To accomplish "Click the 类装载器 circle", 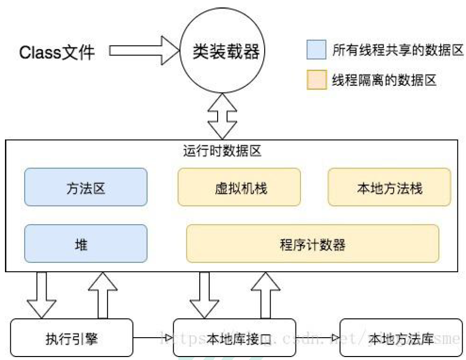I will pyautogui.click(x=226, y=51).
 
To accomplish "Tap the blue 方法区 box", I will pyautogui.click(x=86, y=187).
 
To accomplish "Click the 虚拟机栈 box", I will pyautogui.click(x=239, y=187).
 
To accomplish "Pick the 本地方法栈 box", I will pyautogui.click(x=389, y=187).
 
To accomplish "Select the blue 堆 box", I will pyautogui.click(x=86, y=243).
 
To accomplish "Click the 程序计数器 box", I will pyautogui.click(x=312, y=243).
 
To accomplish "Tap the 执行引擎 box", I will pyautogui.click(x=72, y=338).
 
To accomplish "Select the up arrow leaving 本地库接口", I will pyautogui.click(x=266, y=295).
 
